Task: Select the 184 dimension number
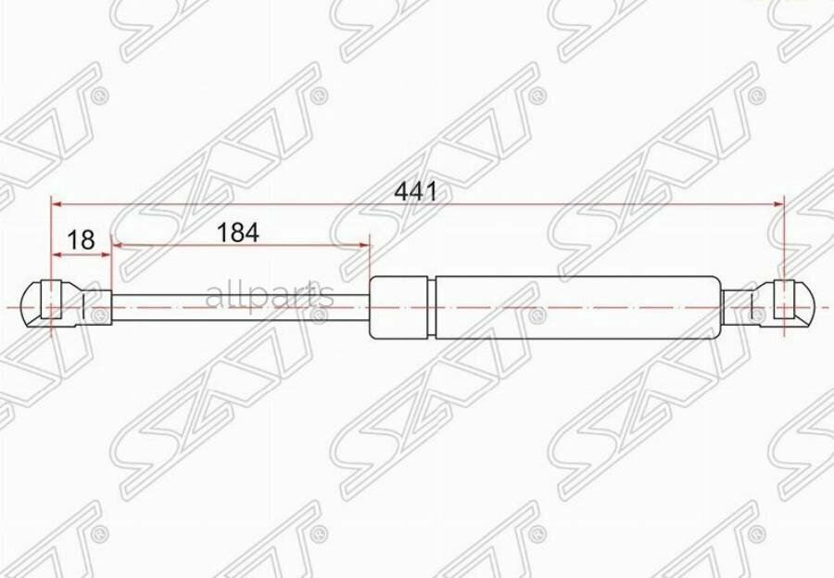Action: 237,233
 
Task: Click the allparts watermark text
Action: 269,296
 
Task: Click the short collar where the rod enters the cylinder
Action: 398,306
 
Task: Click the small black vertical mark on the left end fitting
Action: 84,305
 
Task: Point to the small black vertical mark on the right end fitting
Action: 750,305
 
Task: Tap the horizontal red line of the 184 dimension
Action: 241,245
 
